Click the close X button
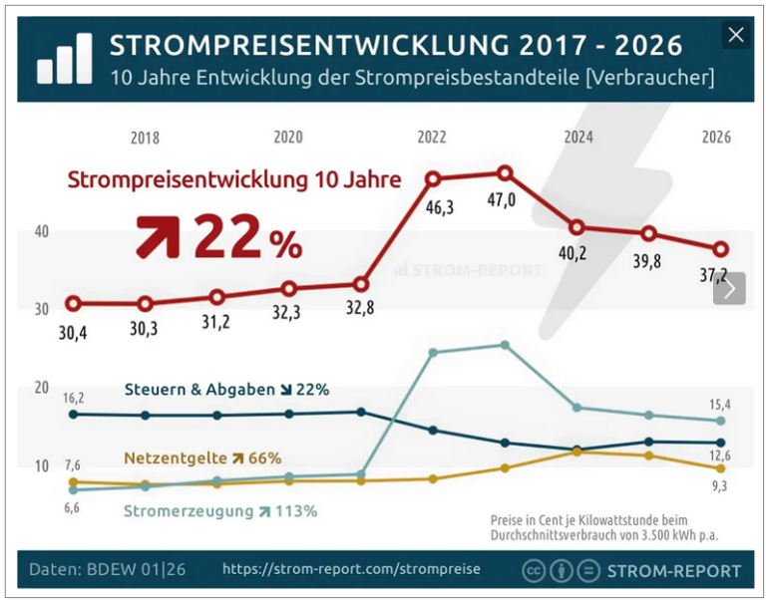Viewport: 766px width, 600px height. tap(736, 36)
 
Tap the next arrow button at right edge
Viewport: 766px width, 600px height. tap(730, 289)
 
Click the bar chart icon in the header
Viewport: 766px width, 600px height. tap(64, 59)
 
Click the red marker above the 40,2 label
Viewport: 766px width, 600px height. tap(576, 227)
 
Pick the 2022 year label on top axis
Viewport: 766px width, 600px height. tap(432, 138)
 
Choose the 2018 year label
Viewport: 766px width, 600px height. tap(145, 138)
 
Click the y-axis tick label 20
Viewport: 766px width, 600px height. tap(41, 389)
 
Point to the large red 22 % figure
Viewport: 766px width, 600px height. tap(247, 238)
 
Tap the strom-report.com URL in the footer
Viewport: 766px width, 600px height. tap(351, 569)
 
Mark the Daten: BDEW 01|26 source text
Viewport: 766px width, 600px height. tap(107, 569)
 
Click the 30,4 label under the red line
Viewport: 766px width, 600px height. tap(72, 333)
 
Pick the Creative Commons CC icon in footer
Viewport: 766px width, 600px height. tap(535, 570)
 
